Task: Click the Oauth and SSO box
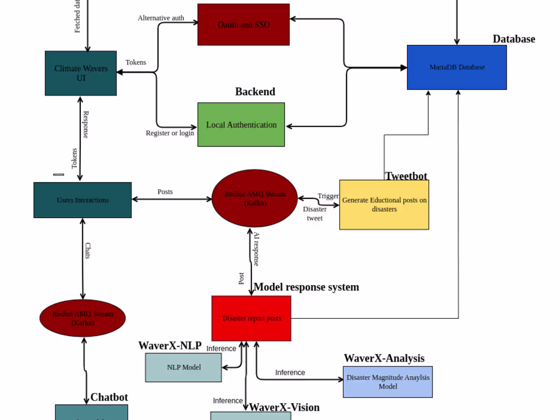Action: point(243,24)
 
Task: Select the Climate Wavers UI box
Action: point(81,73)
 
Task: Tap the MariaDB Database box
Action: point(457,67)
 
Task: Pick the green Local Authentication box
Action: point(241,125)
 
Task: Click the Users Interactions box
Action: point(82,200)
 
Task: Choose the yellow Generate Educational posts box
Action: point(384,204)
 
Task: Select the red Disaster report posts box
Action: point(252,318)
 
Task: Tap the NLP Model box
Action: point(183,367)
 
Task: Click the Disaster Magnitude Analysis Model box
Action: point(388,382)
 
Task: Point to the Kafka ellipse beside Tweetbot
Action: point(255,198)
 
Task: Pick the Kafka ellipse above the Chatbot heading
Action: point(82,318)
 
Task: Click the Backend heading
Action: point(255,92)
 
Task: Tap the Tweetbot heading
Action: point(406,176)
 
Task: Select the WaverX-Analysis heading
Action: point(384,358)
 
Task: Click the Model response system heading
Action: point(306,287)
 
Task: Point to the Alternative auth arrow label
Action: point(161,18)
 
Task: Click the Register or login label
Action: point(170,133)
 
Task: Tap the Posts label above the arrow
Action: point(165,192)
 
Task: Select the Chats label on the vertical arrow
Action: point(87,251)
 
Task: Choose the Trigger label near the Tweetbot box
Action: point(328,196)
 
